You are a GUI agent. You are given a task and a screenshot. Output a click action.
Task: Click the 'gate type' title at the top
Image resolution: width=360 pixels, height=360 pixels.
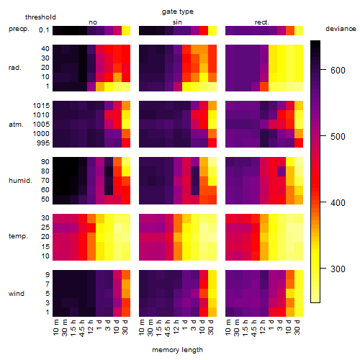pos(178,12)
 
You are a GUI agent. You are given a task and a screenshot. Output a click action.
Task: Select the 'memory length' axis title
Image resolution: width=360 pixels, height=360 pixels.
pos(177,350)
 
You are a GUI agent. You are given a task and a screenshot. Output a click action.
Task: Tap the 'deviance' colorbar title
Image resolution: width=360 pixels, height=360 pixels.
pos(341,29)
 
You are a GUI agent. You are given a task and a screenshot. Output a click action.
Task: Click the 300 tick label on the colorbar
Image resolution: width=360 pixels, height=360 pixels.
pos(338,269)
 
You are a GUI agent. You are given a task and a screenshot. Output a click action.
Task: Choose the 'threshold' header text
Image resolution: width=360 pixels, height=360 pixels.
pos(40,17)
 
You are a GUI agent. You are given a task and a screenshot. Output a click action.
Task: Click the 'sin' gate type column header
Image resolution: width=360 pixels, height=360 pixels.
pos(177,22)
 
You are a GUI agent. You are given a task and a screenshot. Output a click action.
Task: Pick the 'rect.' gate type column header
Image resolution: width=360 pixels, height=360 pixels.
pos(261,22)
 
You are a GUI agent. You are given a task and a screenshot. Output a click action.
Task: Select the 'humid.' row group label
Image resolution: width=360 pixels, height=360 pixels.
pos(20,181)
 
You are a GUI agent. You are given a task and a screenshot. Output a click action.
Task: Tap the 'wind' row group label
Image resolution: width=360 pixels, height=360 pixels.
pos(17,294)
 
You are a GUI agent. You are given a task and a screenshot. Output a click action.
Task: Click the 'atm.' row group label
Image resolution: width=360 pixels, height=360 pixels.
pos(16,125)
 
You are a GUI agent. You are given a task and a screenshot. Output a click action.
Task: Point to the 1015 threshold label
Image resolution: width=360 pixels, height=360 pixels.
pos(41,106)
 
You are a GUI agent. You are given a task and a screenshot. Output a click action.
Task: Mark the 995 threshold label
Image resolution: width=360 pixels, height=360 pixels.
pos(43,143)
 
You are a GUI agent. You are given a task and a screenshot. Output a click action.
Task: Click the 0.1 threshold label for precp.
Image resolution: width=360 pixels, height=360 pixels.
pos(44,30)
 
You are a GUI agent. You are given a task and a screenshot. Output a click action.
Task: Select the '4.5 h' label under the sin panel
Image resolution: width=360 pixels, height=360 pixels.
pos(167,328)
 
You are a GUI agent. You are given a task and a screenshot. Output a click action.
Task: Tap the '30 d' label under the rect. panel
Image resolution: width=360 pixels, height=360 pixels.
pos(297,327)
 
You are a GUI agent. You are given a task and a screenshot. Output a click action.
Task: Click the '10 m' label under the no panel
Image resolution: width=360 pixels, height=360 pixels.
pos(55,328)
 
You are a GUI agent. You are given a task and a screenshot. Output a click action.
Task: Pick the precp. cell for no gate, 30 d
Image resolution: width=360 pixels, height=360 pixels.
pos(126,30)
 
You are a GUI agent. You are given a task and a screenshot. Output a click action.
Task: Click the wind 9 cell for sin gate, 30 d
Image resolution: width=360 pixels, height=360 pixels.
pos(212,275)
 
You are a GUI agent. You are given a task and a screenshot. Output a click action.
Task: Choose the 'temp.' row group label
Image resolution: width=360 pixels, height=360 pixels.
pos(18,236)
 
